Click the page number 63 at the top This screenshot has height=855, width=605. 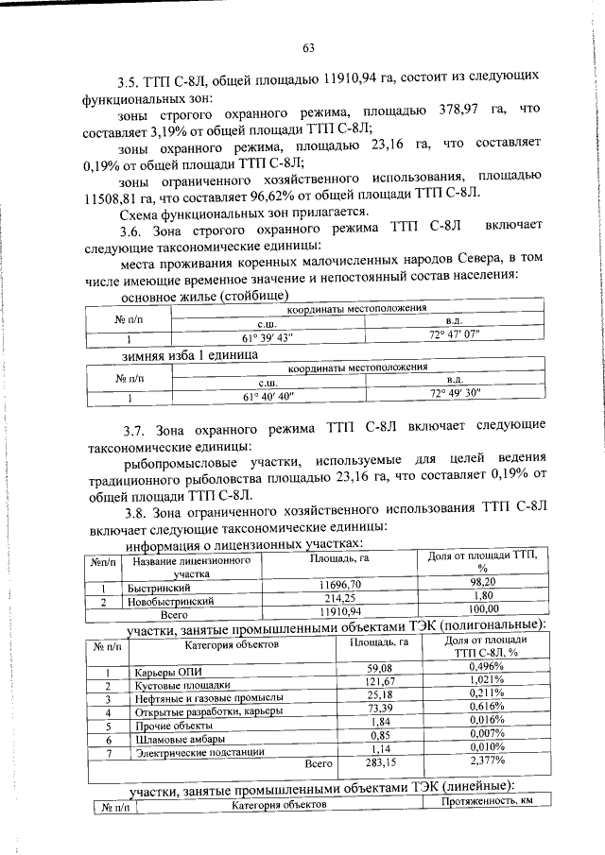[308, 49]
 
